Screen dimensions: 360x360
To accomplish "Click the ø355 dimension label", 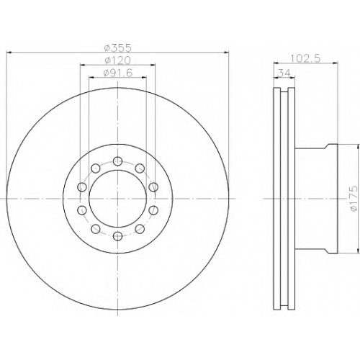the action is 118,48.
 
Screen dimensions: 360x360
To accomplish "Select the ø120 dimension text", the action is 118,60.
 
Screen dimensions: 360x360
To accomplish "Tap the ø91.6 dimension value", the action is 118,73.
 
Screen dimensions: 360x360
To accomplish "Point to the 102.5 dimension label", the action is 305,58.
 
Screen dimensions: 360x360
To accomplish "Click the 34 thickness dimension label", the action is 284,72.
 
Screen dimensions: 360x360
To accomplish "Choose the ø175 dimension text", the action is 354,199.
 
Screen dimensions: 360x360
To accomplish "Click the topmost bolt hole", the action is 117,161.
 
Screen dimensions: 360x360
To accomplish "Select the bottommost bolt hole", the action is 117,236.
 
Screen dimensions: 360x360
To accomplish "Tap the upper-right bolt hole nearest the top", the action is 140,168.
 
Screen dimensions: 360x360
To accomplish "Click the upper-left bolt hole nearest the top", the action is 96,168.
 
